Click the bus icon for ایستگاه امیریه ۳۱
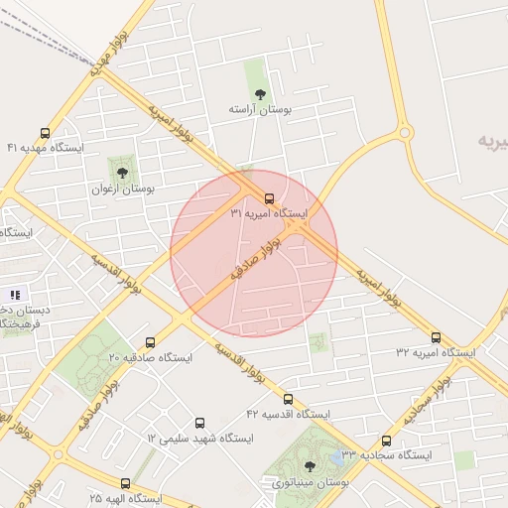[271, 197]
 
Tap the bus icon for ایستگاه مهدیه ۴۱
[45, 132]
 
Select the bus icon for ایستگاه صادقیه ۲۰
[151, 341]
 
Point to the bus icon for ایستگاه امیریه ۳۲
[436, 337]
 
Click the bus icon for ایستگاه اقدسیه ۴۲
[289, 398]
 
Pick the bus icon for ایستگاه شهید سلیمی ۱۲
[200, 423]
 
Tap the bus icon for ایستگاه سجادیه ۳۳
[386, 441]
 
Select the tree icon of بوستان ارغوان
[123, 173]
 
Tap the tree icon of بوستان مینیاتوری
[310, 466]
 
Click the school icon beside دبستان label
[15, 294]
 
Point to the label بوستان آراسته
[259, 109]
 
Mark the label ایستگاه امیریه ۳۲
[436, 352]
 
